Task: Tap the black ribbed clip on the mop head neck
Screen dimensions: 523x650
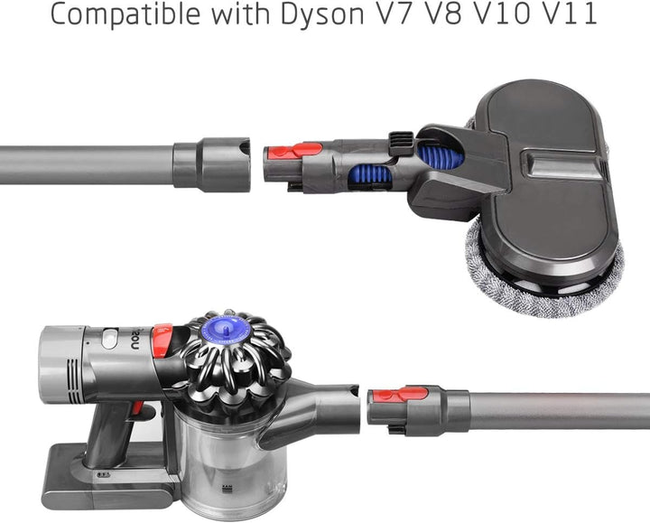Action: point(402,143)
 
